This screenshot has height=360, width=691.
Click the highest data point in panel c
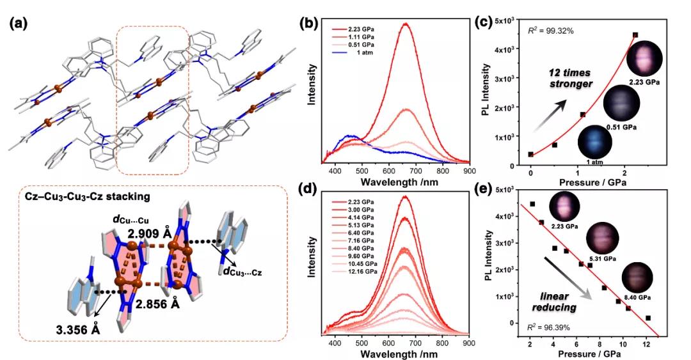(635, 35)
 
